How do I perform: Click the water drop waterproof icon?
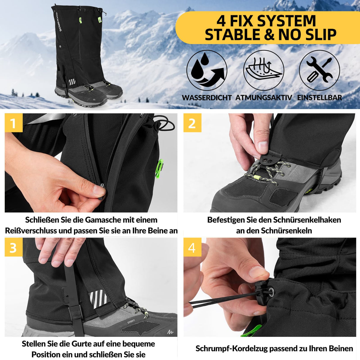pyautogui.click(x=207, y=71)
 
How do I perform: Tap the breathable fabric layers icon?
pyautogui.click(x=263, y=71)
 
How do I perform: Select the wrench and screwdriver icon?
pyautogui.click(x=319, y=71)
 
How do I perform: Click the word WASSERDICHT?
pyautogui.click(x=207, y=98)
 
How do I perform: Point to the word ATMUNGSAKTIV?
pyautogui.click(x=264, y=98)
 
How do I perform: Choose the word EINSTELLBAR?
pyautogui.click(x=319, y=98)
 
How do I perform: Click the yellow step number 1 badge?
pyautogui.click(x=13, y=123)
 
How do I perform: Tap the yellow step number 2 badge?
pyautogui.click(x=192, y=123)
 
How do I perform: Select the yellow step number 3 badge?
pyautogui.click(x=13, y=247)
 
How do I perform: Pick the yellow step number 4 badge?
pyautogui.click(x=192, y=247)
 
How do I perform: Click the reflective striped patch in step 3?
pyautogui.click(x=98, y=299)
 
